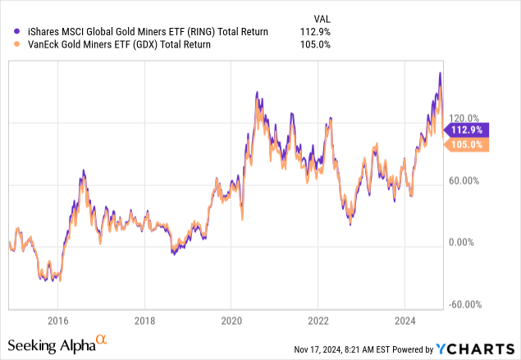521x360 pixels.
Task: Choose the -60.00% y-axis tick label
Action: [x=466, y=304]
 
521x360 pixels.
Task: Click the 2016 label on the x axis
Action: [x=57, y=320]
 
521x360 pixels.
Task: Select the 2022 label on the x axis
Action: [x=318, y=320]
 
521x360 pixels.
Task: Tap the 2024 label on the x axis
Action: [x=405, y=320]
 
